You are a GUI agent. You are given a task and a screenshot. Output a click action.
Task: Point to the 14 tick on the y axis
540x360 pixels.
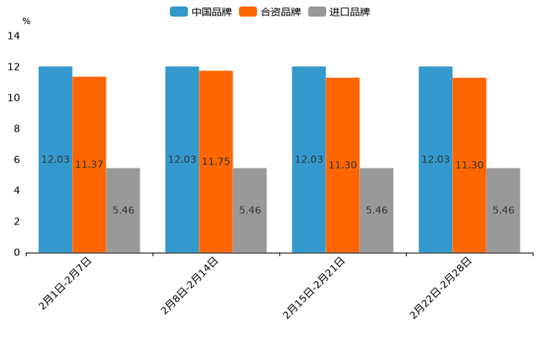(x=13, y=36)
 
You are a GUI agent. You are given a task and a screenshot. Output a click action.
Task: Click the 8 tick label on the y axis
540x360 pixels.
(x=17, y=129)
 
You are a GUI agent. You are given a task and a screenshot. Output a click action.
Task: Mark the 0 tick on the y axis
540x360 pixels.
(x=17, y=253)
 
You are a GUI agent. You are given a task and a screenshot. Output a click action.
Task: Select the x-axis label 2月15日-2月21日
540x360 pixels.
(x=314, y=287)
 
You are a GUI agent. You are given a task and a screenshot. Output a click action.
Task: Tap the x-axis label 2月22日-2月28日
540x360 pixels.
(x=441, y=287)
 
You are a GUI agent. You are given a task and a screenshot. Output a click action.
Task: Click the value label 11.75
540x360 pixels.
(x=216, y=162)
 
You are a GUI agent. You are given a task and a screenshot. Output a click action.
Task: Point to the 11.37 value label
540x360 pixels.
(x=89, y=165)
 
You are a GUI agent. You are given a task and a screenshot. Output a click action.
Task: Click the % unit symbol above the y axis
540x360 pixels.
(x=26, y=21)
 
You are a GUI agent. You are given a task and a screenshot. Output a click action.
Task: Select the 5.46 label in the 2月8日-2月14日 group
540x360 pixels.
(x=250, y=210)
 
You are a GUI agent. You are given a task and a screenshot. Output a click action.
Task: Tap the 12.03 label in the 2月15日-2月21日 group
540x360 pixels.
(x=308, y=160)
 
